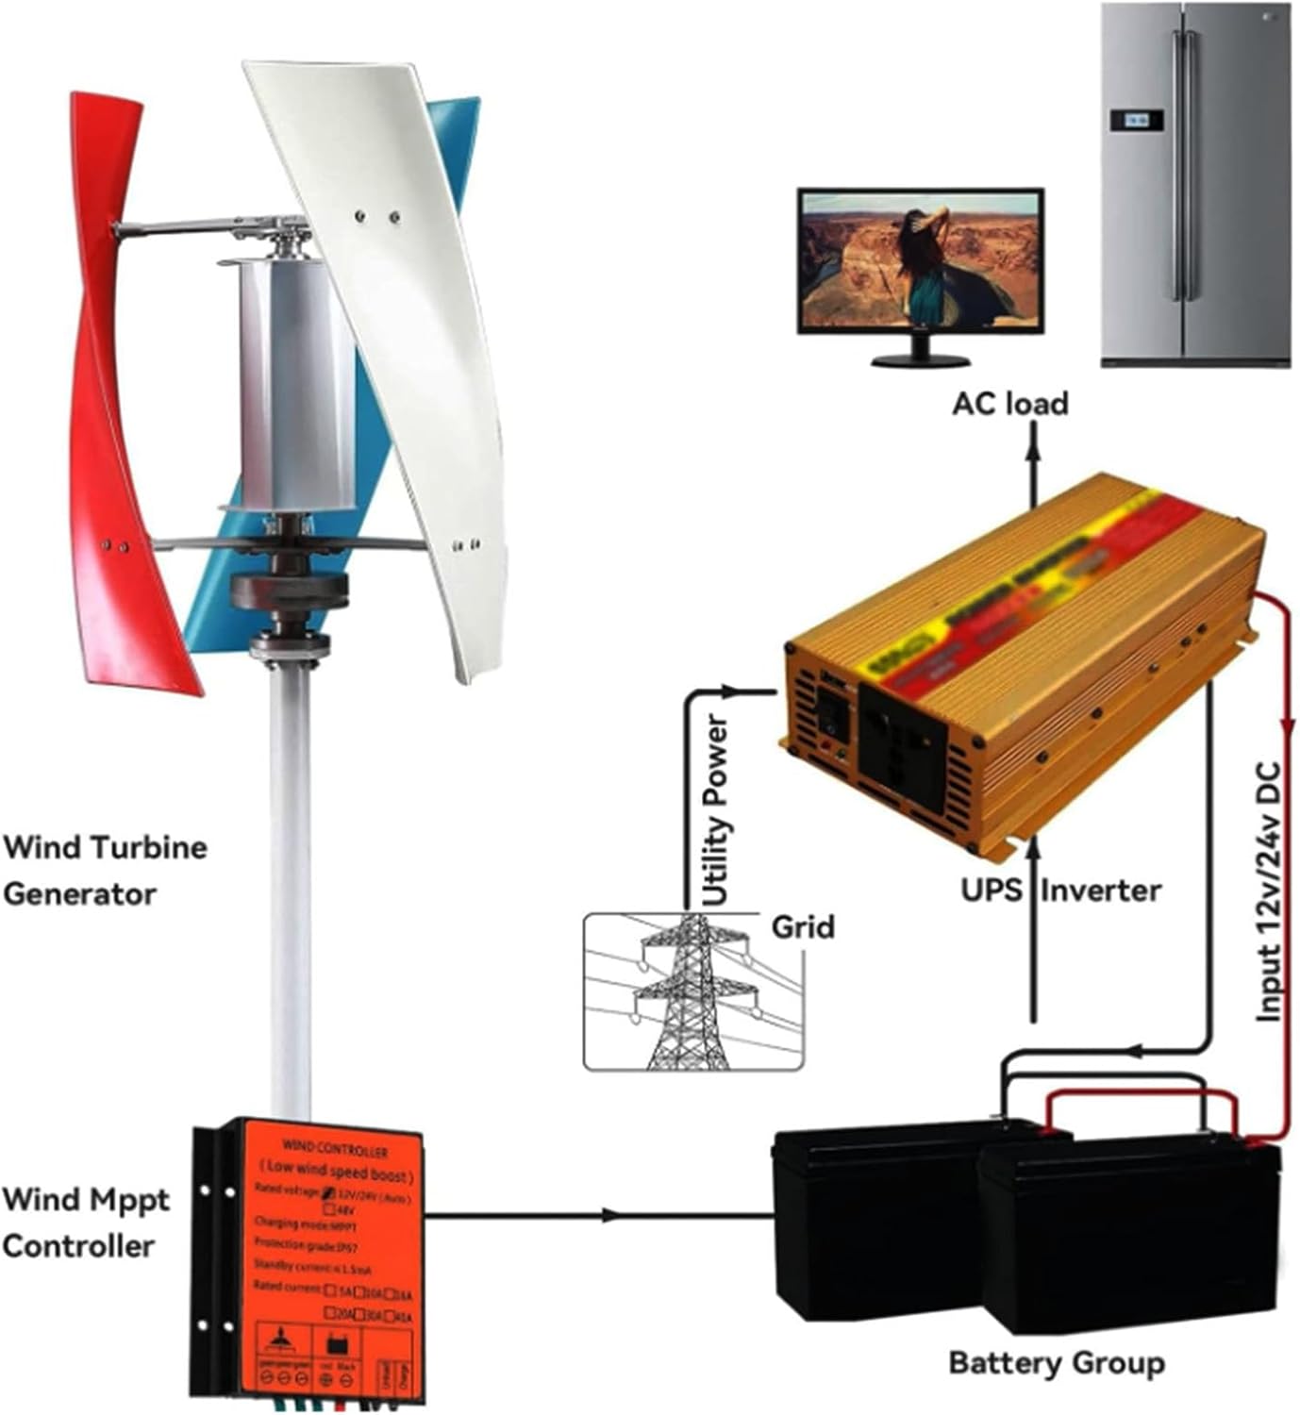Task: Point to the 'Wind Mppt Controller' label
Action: click(x=85, y=1223)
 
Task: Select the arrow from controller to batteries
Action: click(x=608, y=1215)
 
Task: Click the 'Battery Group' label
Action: click(x=1056, y=1363)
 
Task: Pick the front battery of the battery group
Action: click(x=1127, y=1245)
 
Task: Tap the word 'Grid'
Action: click(x=803, y=927)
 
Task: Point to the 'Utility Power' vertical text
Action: click(x=717, y=811)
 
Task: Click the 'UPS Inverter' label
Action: click(x=1060, y=890)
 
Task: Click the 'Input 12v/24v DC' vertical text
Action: click(x=1270, y=891)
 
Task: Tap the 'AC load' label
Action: click(x=1009, y=404)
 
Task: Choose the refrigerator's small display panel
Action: click(x=1136, y=120)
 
